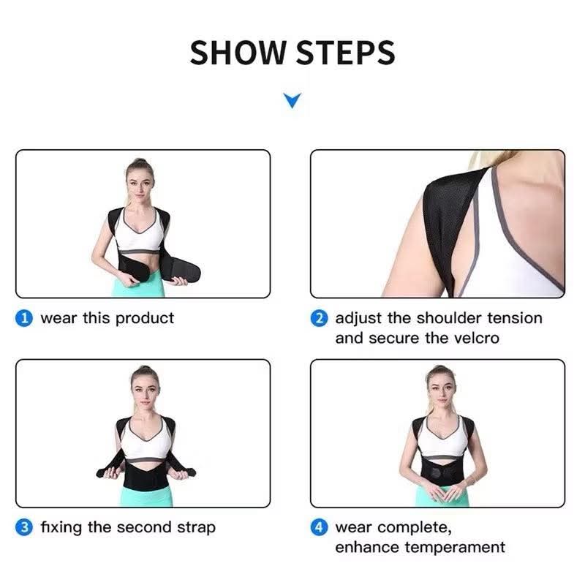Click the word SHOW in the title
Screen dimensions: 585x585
tap(238, 53)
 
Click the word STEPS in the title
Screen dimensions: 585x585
tap(345, 53)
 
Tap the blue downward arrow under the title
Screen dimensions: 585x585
tap(292, 100)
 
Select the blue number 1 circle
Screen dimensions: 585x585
tap(24, 318)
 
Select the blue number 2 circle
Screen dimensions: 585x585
tap(319, 318)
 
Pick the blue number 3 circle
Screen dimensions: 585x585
tap(24, 527)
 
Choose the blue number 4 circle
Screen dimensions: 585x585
tap(319, 527)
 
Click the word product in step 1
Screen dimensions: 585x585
tap(145, 319)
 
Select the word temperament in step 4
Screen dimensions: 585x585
tap(455, 548)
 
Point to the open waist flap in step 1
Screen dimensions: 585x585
tap(181, 270)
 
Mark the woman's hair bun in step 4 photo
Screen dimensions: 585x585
tap(441, 369)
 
